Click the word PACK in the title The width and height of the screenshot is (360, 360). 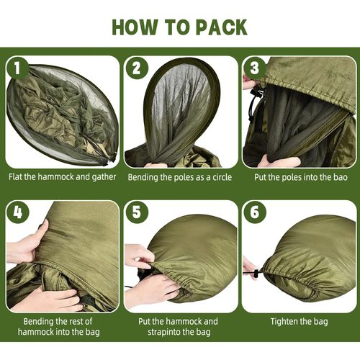coord(222,27)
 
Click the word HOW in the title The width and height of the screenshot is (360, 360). coord(135,27)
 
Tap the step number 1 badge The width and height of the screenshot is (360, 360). coord(17,68)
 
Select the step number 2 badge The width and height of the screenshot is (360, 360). coord(137,68)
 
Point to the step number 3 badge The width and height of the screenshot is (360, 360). coord(255,68)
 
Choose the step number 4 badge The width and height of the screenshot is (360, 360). coord(17,212)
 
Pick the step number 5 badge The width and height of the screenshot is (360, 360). coord(137,212)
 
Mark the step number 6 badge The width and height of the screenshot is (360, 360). coord(255,212)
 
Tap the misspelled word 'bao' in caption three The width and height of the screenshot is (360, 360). coord(341,178)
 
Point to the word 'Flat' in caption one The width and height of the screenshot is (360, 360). coord(16,177)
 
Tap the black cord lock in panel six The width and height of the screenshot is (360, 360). coord(256,274)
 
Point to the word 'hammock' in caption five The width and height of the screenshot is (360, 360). coord(184,321)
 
